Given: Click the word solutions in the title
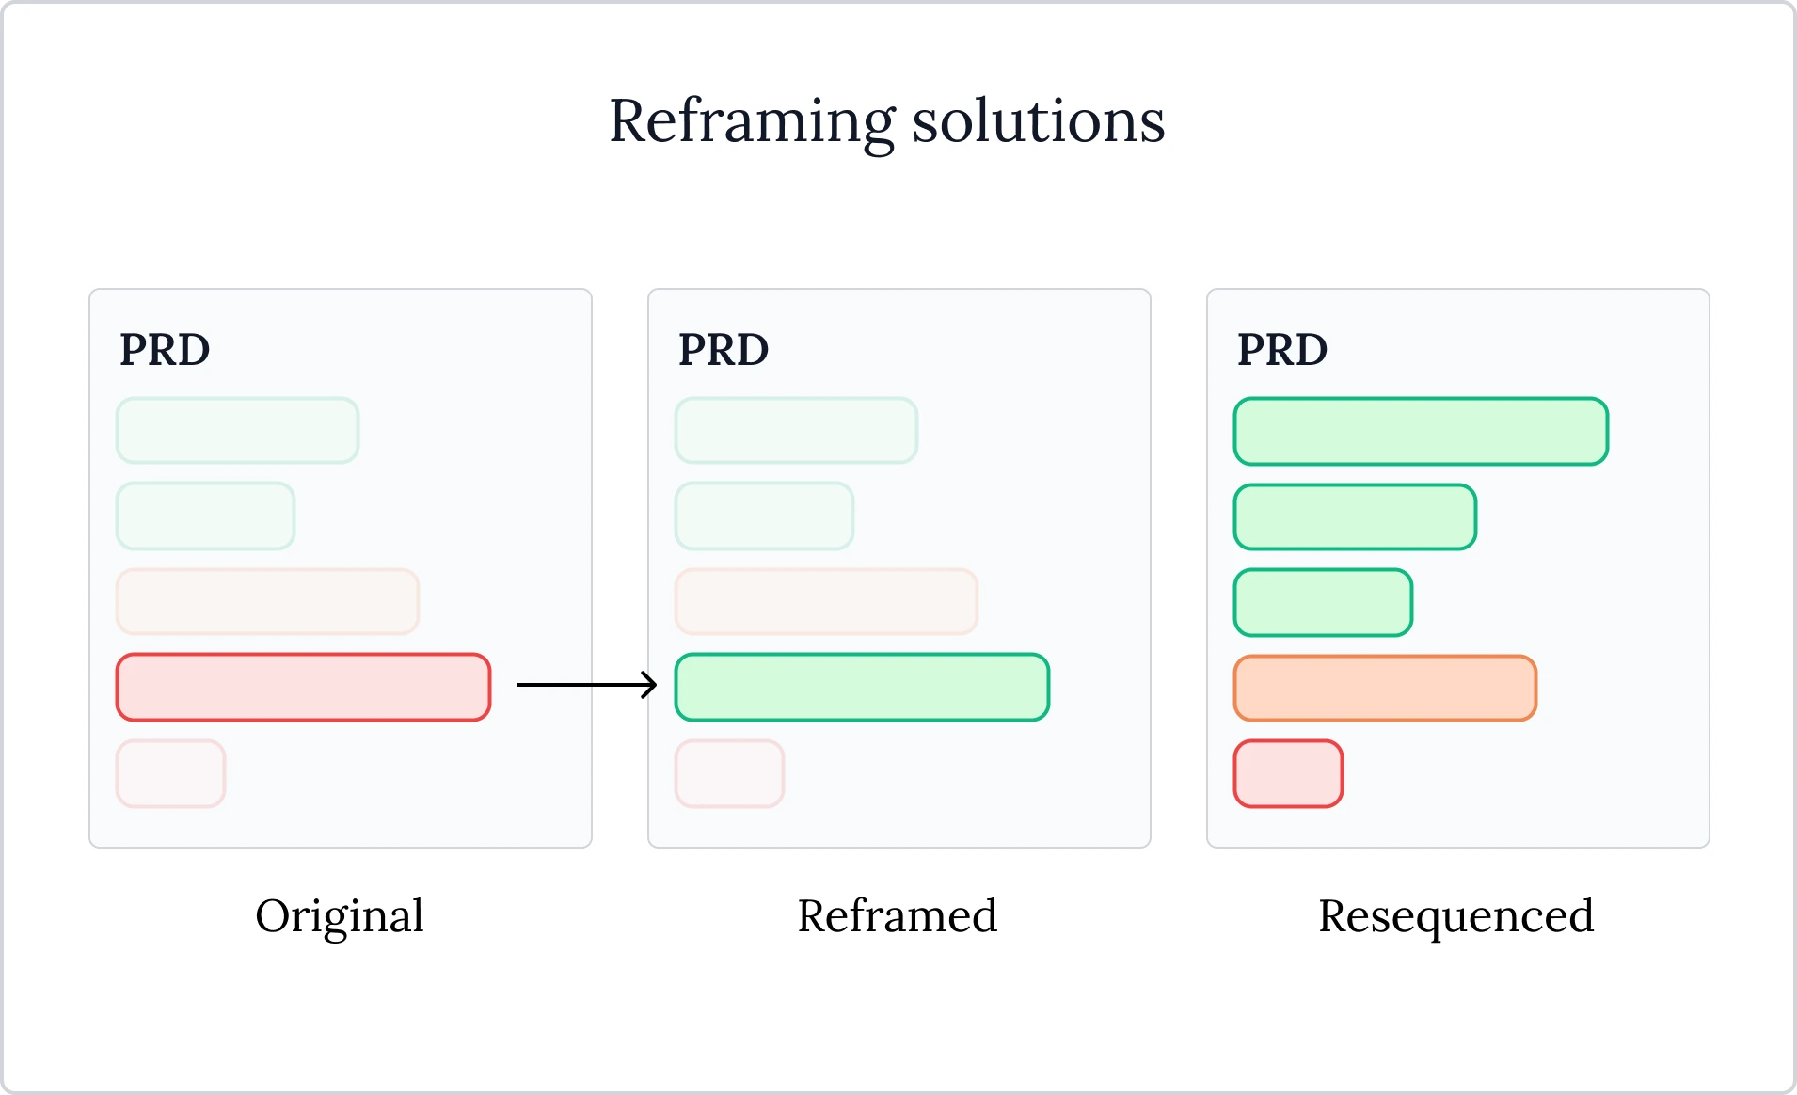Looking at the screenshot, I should (1039, 121).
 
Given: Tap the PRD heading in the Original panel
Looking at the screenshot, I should (165, 350).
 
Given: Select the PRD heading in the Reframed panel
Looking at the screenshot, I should (724, 350).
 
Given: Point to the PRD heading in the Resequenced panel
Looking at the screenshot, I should (1282, 350).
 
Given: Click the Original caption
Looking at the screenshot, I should (340, 916).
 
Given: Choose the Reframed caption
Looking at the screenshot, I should (898, 916).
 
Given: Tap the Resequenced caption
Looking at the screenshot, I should (1456, 916).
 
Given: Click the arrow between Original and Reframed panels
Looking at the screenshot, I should (586, 685).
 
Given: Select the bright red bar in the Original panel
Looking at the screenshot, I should (303, 688).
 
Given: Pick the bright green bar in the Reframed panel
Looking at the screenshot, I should (862, 688).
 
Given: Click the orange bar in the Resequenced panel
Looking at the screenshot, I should (1385, 689).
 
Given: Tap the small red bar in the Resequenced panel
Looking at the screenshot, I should (1288, 774).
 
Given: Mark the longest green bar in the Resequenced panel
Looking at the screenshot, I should (1421, 432).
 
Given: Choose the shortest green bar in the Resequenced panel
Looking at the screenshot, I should (1323, 603).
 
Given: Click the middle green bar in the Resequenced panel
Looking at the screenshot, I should (1355, 517).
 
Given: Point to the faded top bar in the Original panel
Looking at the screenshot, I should (237, 431).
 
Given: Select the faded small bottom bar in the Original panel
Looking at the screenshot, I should (170, 774).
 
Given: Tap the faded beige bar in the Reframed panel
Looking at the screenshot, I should (826, 601).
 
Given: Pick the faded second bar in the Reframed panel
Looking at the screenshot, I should (764, 516).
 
